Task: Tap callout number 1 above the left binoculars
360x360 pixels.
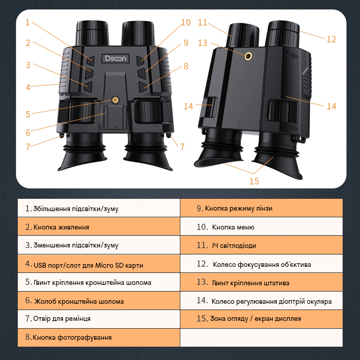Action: click(27, 22)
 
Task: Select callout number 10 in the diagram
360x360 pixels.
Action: click(185, 22)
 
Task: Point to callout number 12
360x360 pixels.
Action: click(331, 39)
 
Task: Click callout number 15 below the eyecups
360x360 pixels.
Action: click(254, 181)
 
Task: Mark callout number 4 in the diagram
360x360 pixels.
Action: click(28, 87)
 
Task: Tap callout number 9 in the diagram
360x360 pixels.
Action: click(185, 44)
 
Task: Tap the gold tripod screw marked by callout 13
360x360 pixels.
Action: click(248, 56)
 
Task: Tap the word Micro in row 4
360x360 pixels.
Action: click(104, 265)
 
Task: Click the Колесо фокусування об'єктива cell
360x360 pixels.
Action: click(261, 264)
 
